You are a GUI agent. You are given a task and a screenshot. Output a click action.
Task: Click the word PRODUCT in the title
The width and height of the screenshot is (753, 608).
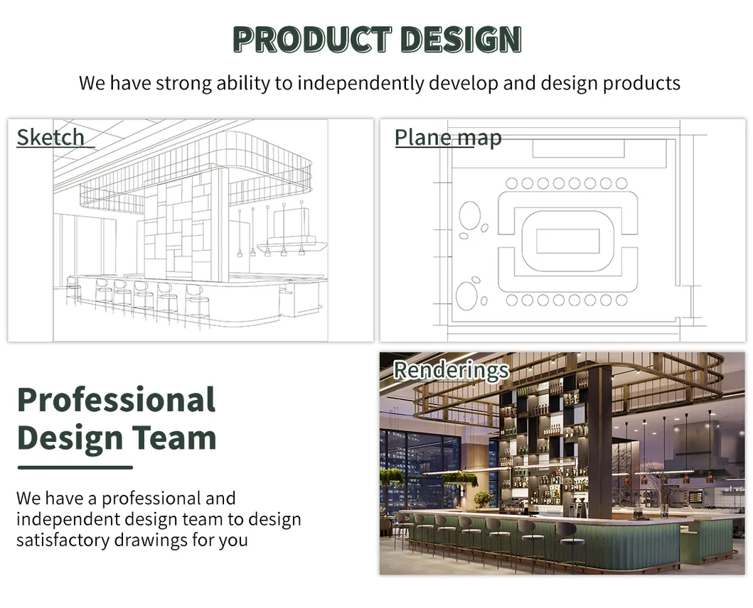312,39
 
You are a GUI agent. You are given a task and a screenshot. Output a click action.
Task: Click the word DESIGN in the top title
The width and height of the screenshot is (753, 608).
459,39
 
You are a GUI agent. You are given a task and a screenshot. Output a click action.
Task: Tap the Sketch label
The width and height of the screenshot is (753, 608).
50,137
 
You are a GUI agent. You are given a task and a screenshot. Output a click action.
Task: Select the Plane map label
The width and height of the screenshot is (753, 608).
448,137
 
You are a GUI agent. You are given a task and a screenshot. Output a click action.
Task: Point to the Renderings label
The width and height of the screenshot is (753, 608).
451,369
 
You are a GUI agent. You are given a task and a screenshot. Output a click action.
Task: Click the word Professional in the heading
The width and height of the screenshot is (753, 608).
116,400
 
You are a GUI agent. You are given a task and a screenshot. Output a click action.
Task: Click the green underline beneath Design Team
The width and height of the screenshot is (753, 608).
75,467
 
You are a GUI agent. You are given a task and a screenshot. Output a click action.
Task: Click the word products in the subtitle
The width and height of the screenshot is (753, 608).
641,83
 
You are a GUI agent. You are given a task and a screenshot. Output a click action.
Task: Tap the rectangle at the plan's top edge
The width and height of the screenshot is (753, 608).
578,148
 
